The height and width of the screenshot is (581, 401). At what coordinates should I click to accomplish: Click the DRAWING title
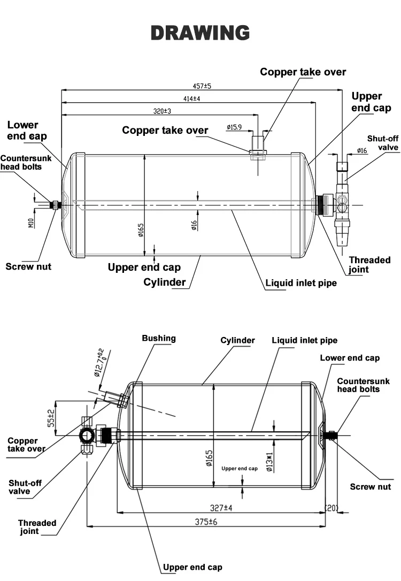coord(200,33)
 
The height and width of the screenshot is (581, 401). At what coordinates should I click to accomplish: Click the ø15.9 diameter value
coord(234,127)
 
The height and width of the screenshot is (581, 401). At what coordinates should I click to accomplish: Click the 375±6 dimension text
coord(205,521)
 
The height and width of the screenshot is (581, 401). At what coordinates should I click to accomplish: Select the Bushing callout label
coord(158,338)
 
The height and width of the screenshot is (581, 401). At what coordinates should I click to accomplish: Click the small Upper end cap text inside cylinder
coord(240,468)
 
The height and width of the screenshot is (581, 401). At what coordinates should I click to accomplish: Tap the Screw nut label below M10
coord(28,266)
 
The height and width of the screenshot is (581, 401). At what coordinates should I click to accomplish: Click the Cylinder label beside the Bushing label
coord(237,340)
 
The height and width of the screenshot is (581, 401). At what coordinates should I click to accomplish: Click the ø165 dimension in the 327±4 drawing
coord(209,459)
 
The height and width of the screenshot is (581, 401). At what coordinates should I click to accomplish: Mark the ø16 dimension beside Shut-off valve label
coord(361,151)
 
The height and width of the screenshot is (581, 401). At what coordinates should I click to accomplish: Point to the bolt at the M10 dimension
coord(55,205)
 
